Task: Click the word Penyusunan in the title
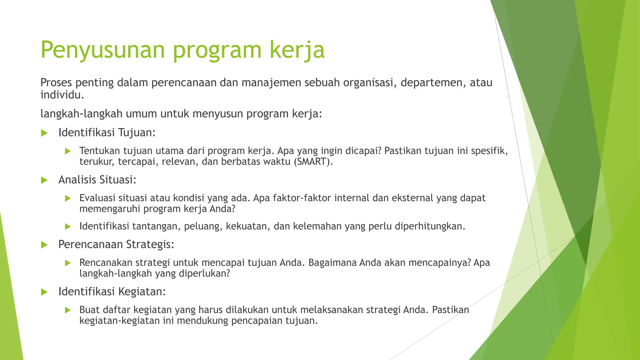point(102,50)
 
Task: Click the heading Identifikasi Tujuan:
point(107,132)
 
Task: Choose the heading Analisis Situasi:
point(97,180)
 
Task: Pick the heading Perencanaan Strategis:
point(116,244)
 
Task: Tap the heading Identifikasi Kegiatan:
point(112,292)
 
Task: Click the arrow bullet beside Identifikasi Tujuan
point(44,133)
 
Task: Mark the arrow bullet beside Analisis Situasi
point(44,180)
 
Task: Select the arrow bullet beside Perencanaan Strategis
point(44,245)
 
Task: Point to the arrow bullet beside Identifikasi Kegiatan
point(44,292)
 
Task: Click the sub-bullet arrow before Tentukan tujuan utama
point(68,151)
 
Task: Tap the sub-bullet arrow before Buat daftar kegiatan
point(68,310)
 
